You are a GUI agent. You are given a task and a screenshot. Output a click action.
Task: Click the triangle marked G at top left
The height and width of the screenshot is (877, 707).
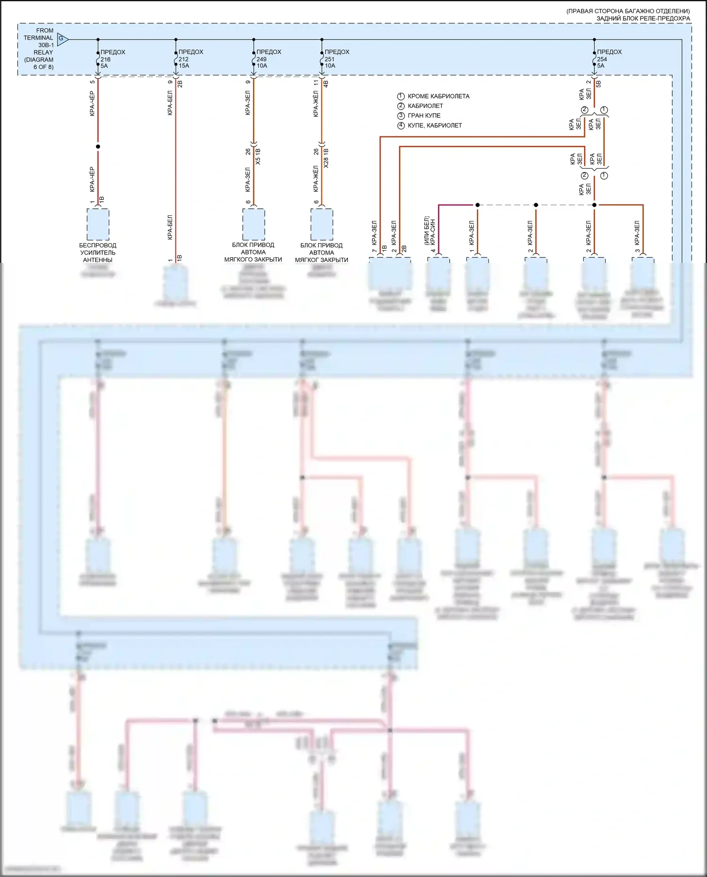pos(62,39)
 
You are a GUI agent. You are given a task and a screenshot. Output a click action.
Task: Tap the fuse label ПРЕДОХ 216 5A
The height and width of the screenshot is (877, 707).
pos(112,59)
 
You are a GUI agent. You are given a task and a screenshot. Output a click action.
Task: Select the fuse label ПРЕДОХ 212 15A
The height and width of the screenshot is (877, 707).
pos(190,59)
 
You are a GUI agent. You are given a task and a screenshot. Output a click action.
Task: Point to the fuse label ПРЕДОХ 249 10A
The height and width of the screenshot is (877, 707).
pos(268,59)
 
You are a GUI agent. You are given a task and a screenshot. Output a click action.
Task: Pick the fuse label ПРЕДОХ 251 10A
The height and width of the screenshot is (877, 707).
pos(337,59)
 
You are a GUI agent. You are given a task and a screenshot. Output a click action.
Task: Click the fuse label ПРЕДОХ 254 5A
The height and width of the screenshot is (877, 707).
pos(609,59)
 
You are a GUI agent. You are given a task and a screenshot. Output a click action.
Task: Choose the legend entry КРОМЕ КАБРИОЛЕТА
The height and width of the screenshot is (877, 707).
pos(438,96)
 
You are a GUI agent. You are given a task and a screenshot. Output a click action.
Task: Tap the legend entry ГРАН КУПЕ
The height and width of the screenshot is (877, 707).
pos(424,115)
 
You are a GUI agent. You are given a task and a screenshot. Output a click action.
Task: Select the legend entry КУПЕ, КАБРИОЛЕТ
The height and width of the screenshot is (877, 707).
pos(434,125)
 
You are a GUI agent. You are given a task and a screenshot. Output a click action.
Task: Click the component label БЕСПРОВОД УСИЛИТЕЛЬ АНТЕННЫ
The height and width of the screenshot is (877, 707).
pos(98,253)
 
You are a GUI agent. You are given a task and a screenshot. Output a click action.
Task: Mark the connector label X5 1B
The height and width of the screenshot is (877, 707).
pos(257,156)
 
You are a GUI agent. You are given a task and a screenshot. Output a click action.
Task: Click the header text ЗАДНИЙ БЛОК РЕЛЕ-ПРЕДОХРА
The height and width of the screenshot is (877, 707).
pos(643,18)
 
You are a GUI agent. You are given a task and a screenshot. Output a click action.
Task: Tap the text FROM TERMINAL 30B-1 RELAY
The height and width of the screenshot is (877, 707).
pos(39,49)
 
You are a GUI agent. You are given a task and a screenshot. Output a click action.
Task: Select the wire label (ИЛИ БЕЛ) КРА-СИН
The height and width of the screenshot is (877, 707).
pos(429,231)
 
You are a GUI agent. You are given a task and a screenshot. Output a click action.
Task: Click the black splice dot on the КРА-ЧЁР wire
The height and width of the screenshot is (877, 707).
pos(98,147)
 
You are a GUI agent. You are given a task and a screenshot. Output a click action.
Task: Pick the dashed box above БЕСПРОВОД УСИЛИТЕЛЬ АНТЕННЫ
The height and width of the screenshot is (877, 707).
pos(98,224)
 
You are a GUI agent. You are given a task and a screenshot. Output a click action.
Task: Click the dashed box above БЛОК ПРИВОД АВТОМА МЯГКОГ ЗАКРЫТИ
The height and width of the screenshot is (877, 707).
pos(321,224)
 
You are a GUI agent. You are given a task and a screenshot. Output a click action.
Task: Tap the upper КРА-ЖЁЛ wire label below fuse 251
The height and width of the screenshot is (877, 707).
pos(316,104)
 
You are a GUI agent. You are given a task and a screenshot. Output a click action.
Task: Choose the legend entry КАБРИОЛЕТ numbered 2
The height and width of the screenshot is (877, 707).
pos(425,106)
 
